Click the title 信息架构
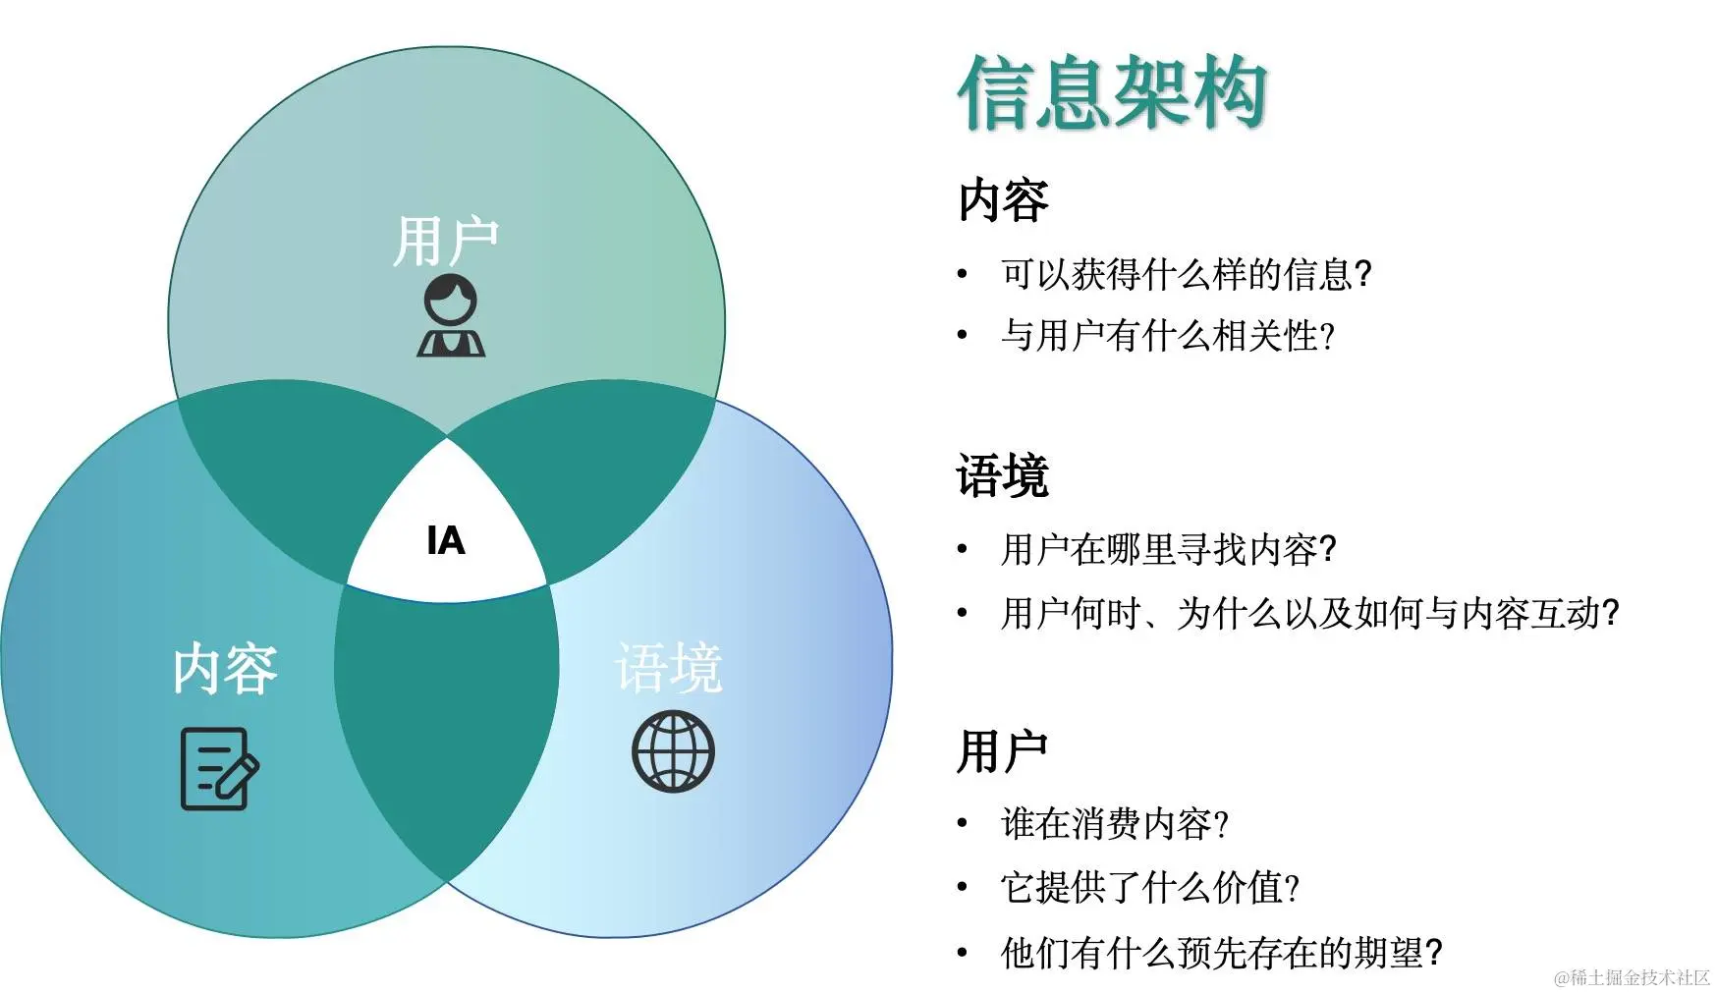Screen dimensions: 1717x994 pos(1112,93)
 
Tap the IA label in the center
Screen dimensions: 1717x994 pos(446,541)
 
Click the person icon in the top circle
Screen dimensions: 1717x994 pos(451,315)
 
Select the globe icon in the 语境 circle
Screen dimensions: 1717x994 pos(673,752)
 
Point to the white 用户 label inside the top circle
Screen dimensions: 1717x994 pos(446,242)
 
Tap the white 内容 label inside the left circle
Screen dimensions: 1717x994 pos(225,669)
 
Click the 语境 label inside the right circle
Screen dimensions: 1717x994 pos(669,669)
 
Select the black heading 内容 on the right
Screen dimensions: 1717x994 pos(1003,200)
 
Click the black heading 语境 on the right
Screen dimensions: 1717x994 pos(1003,476)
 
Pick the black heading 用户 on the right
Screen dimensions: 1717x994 pos(1003,752)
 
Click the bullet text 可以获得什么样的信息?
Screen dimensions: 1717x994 pos(1186,274)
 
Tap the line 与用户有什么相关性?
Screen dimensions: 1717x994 pos(1168,336)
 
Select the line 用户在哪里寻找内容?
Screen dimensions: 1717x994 pos(1168,550)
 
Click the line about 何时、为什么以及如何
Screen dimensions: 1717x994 pos(1309,614)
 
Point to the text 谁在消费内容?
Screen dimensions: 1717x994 pos(1115,824)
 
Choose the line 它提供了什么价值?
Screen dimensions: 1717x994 pos(1150,888)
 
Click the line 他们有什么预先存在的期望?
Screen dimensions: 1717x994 pos(1221,953)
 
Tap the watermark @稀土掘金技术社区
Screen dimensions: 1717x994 pos(1632,978)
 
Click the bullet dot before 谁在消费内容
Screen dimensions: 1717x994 pos(963,824)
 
